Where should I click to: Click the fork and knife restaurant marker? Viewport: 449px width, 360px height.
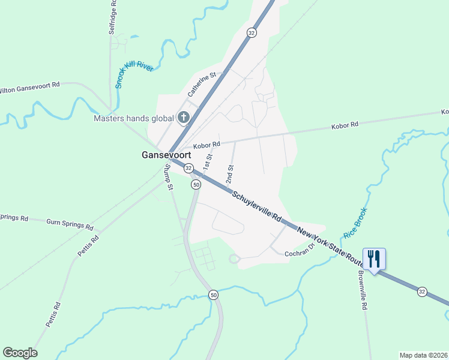(x=374, y=259)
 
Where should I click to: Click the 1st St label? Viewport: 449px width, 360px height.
(x=208, y=161)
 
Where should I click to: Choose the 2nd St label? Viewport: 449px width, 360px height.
(x=229, y=174)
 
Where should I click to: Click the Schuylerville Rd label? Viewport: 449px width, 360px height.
(x=257, y=207)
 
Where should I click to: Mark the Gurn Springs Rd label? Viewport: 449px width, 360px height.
(x=70, y=224)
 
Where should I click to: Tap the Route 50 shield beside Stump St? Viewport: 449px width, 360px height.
(x=196, y=185)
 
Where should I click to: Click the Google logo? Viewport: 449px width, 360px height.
(x=20, y=353)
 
